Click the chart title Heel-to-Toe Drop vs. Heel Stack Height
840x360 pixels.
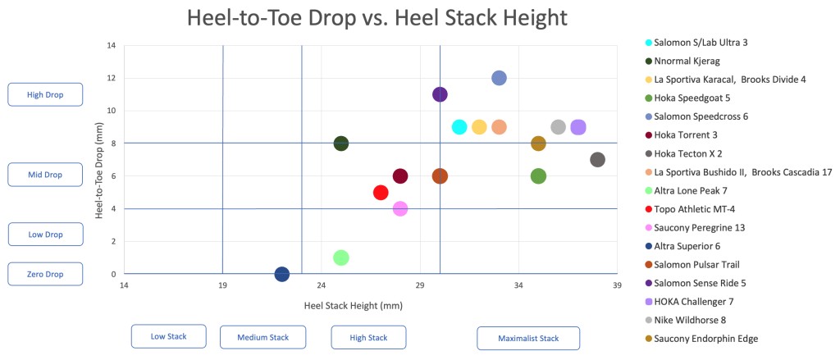(377, 18)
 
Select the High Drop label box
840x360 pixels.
(45, 94)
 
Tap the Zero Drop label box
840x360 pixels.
(45, 274)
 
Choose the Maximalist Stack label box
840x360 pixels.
(528, 338)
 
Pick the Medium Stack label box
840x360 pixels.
(262, 336)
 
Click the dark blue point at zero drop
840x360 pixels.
(282, 274)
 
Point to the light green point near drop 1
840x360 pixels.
(341, 257)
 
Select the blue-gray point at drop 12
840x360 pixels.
(499, 78)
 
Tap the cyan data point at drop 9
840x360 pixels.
(459, 127)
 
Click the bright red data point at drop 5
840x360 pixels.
(381, 193)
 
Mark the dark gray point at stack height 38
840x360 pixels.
(597, 160)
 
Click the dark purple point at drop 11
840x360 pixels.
(440, 94)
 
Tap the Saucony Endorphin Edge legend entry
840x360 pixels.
(705, 338)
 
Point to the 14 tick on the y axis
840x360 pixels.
(110, 45)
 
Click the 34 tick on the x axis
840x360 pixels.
(518, 285)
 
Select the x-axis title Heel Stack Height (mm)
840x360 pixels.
(353, 306)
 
